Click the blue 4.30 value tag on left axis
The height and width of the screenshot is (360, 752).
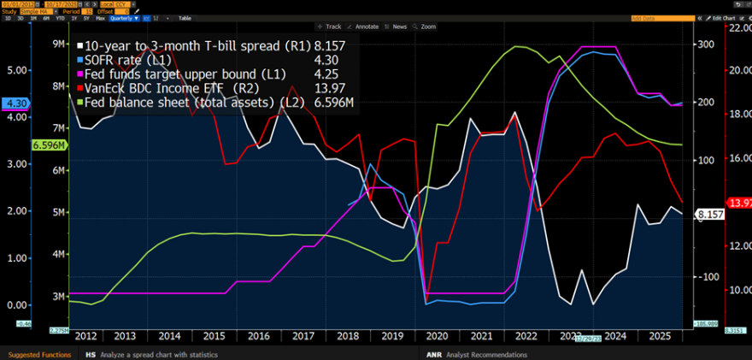click(16, 103)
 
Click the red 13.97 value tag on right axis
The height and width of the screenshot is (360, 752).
click(737, 202)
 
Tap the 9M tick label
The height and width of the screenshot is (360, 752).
click(61, 44)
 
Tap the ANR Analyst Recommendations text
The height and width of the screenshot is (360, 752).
click(475, 354)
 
